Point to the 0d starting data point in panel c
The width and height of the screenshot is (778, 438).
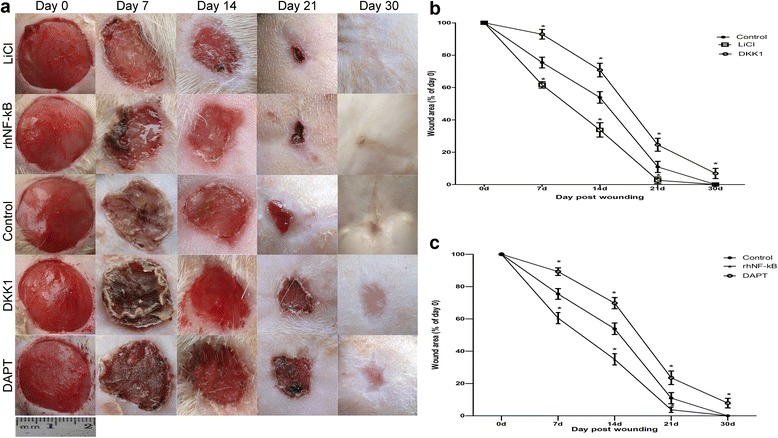(500, 254)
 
